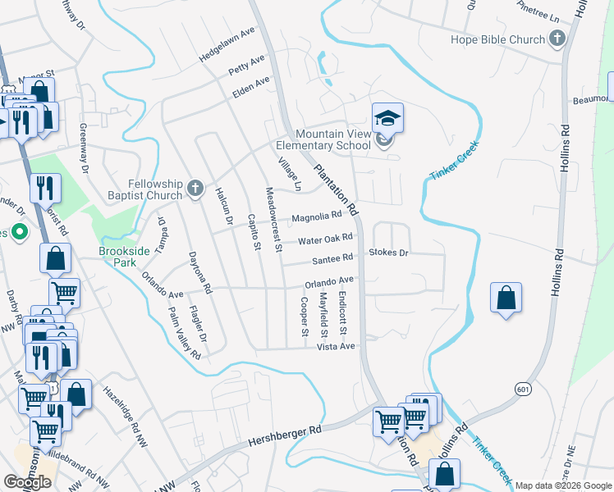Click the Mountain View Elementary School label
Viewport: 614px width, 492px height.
pos(333,140)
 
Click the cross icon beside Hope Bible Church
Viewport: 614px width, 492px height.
pos(557,38)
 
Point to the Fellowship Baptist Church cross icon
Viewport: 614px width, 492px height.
pos(195,189)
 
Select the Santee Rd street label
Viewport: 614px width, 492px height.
pos(332,261)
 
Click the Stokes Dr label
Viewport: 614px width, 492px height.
pos(388,253)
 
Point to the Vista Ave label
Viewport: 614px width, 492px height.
pos(336,347)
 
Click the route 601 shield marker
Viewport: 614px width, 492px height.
pos(523,388)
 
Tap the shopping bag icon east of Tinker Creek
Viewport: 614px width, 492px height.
pos(506,298)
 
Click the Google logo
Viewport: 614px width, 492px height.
pos(27,482)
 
